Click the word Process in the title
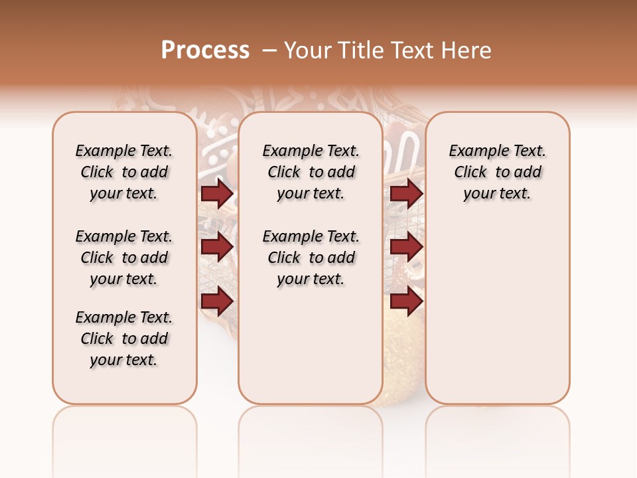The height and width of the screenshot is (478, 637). click(x=205, y=50)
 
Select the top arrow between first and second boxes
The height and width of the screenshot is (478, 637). click(x=217, y=194)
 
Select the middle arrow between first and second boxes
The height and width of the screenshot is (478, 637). click(x=217, y=247)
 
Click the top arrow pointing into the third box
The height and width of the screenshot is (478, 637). click(x=406, y=194)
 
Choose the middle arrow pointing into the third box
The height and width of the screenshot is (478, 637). click(x=406, y=247)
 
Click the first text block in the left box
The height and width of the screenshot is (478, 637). click(x=124, y=172)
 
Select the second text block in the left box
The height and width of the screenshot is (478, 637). click(x=124, y=258)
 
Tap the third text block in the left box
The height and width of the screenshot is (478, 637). click(x=124, y=339)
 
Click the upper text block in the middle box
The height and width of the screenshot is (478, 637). click(x=311, y=172)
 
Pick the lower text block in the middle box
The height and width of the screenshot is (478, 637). click(x=311, y=258)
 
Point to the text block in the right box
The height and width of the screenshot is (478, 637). click(x=498, y=172)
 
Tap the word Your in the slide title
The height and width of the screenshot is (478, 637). click(x=306, y=50)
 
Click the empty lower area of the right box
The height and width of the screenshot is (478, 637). click(x=498, y=312)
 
